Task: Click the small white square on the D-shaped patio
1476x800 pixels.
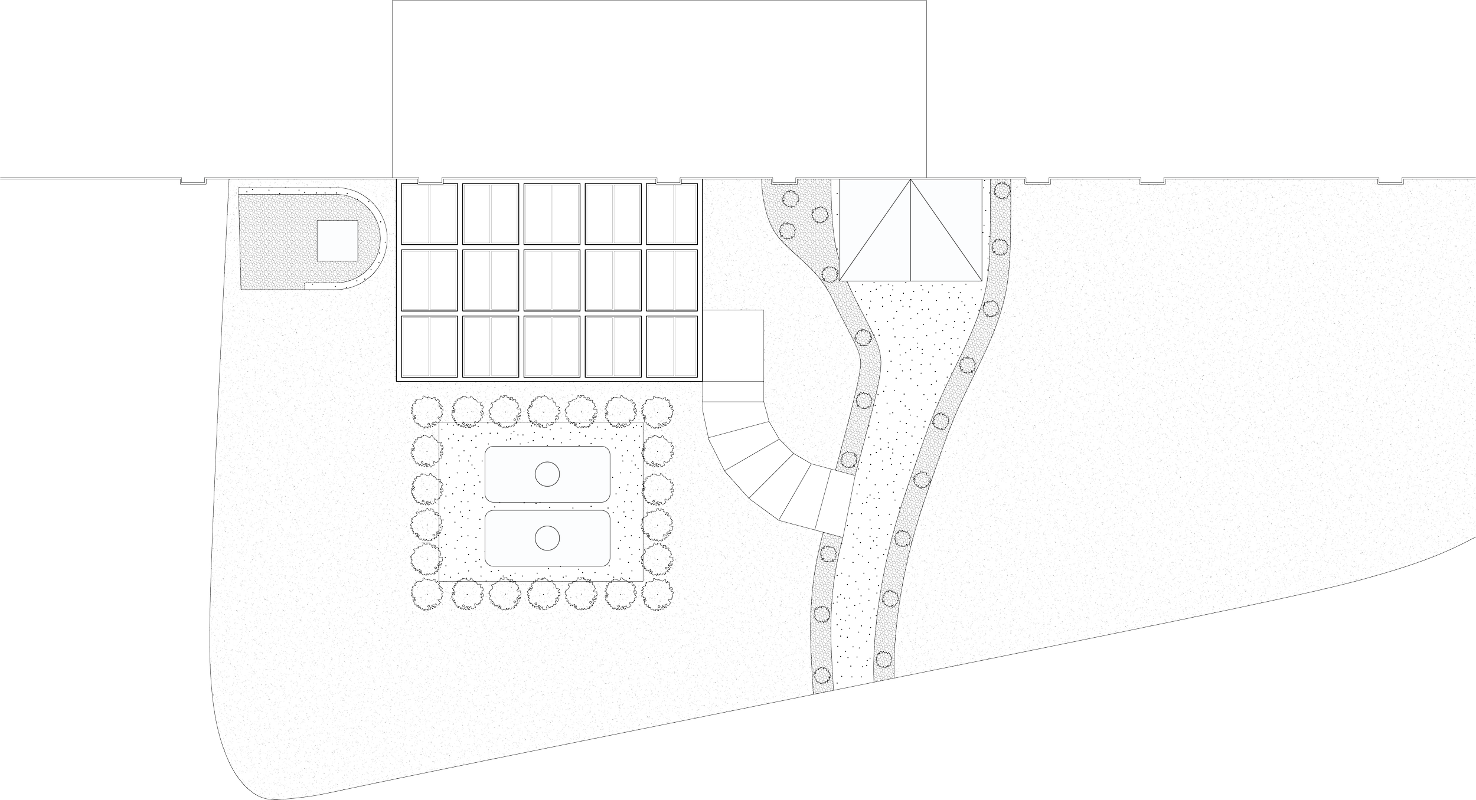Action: [337, 240]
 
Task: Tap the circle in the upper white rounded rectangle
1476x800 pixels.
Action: [547, 474]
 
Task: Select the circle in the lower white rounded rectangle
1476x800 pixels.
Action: [547, 537]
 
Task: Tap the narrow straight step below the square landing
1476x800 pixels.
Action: [733, 390]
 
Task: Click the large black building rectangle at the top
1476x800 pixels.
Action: [659, 88]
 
